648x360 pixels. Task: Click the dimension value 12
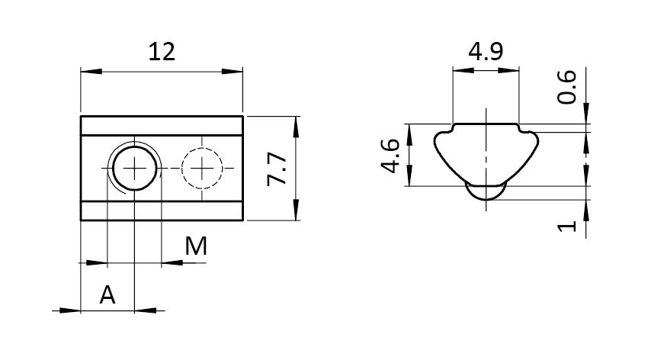point(162,52)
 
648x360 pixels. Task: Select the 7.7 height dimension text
point(277,169)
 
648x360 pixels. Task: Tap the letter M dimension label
point(196,246)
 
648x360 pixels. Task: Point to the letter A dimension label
point(107,295)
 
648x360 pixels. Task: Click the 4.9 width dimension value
point(486,52)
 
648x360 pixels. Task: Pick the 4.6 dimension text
point(390,156)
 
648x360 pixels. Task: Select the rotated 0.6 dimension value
point(566,87)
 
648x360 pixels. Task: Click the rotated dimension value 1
point(566,227)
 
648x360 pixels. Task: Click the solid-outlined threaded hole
point(134,168)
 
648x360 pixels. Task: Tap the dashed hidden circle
point(202,169)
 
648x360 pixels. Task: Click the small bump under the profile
point(486,193)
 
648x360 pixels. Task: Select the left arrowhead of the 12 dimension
point(91,72)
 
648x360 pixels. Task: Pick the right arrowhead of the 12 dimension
point(233,72)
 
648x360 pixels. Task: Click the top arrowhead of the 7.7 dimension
point(296,127)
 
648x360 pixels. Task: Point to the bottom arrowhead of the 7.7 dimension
point(296,210)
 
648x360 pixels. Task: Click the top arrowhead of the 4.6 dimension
point(409,134)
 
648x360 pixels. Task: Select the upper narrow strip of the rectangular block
point(162,126)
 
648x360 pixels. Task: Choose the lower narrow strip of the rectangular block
point(162,211)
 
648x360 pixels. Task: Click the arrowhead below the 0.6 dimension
point(586,113)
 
